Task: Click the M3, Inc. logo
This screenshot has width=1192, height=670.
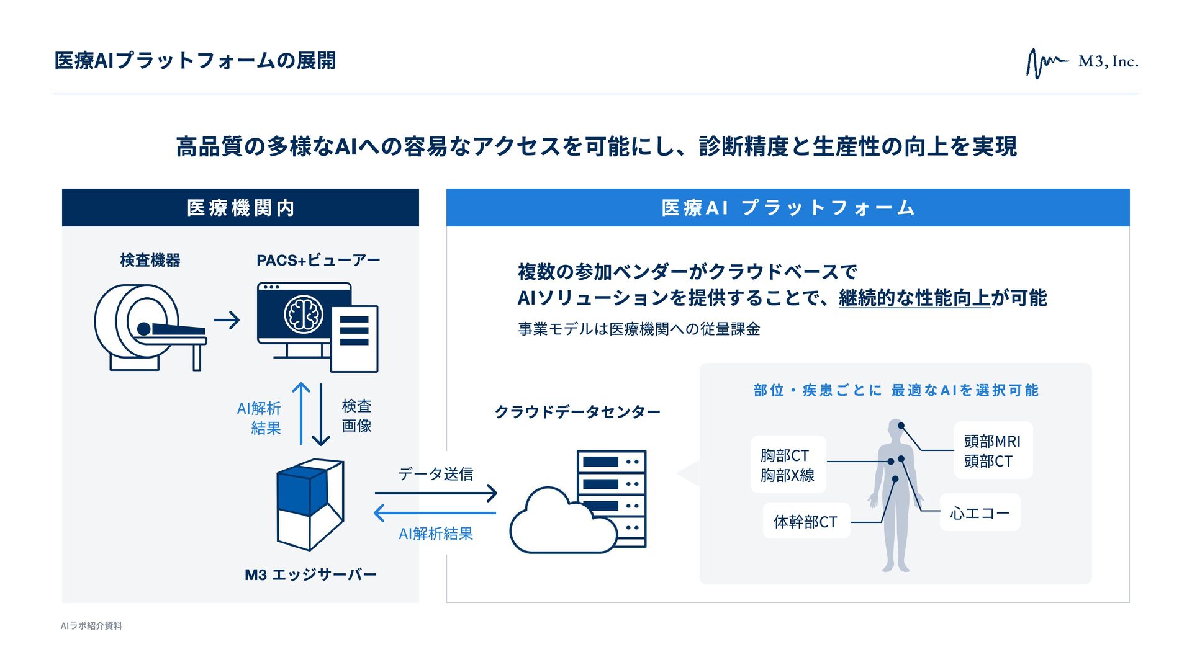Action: click(x=1081, y=63)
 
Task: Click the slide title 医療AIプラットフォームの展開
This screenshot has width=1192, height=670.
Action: click(x=195, y=61)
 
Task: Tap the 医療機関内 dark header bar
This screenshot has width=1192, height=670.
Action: click(x=240, y=207)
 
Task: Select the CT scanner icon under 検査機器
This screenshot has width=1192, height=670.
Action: click(x=150, y=327)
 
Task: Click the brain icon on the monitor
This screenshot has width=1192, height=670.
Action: click(x=304, y=314)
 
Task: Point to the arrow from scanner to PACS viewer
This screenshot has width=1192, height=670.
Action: click(x=227, y=320)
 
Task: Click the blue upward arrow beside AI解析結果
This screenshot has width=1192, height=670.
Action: click(x=301, y=413)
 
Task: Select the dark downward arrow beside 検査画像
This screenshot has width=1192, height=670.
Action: click(x=321, y=414)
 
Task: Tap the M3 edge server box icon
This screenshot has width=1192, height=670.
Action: click(x=310, y=504)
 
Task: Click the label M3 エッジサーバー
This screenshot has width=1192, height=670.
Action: click(x=310, y=574)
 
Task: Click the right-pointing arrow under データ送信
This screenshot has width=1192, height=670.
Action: click(x=436, y=493)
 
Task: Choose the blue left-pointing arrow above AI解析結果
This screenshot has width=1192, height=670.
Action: click(x=435, y=513)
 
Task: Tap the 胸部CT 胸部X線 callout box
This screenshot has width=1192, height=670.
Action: click(x=788, y=465)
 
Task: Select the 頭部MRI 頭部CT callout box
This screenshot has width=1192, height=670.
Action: click(x=993, y=450)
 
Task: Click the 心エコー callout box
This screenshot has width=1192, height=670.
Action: click(x=980, y=512)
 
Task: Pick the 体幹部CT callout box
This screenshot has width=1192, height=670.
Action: click(x=806, y=521)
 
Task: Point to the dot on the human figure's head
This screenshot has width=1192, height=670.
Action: click(x=901, y=426)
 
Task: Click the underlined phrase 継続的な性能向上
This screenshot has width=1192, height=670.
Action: click(x=914, y=298)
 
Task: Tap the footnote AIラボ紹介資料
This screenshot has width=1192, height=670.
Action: click(x=91, y=626)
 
